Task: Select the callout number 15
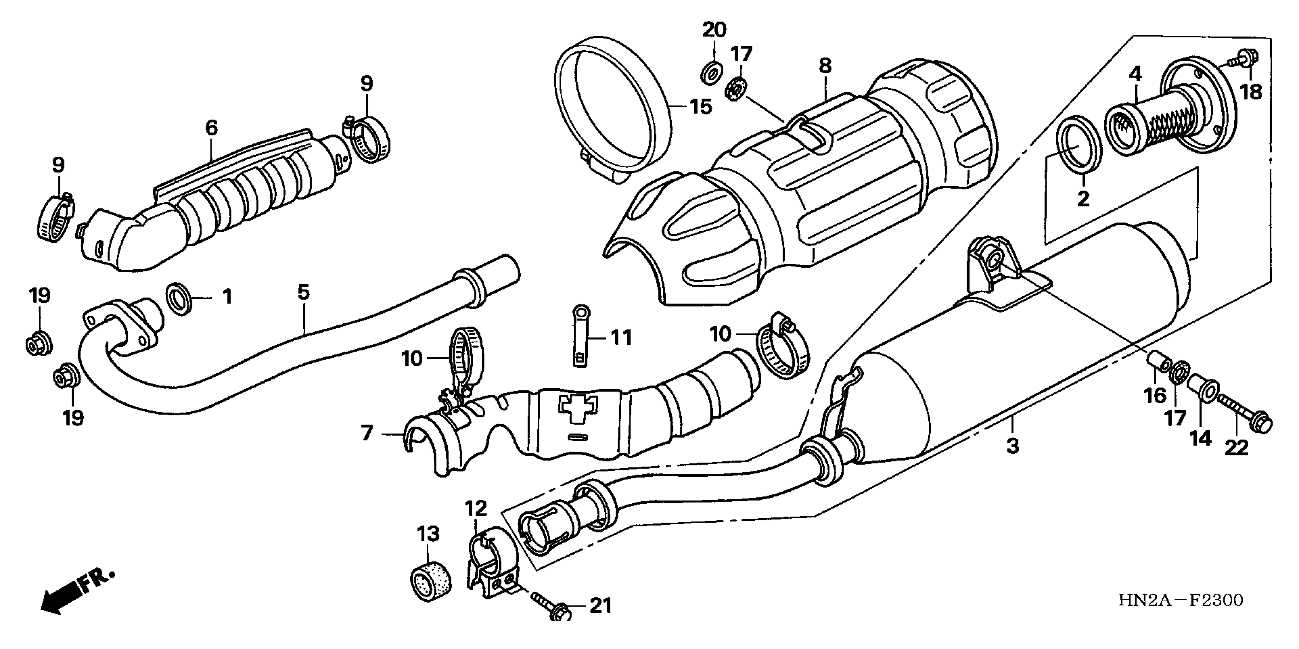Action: pos(701,107)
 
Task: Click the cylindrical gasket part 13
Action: pos(430,584)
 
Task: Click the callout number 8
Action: pos(825,66)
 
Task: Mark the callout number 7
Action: pos(367,433)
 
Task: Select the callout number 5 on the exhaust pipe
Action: pos(303,292)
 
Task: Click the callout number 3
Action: pos(1013,446)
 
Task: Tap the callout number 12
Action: pos(476,508)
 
